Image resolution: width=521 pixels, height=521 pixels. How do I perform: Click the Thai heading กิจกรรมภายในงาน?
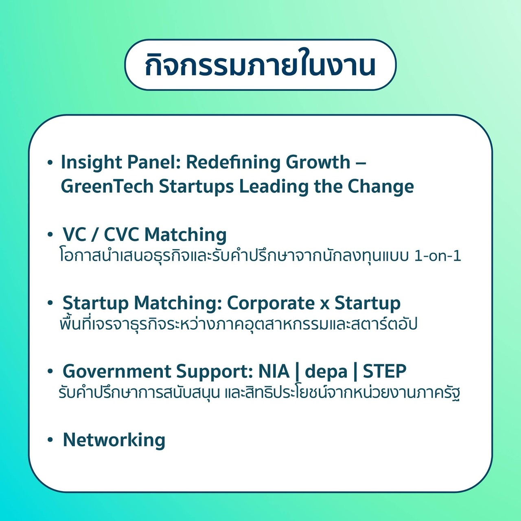click(x=260, y=65)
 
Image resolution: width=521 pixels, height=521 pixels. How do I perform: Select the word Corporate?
click(x=271, y=304)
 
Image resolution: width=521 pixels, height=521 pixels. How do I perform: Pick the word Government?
click(x=117, y=371)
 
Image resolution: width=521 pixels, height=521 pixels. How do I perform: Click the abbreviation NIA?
click(x=274, y=371)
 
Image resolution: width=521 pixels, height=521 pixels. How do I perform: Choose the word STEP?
click(x=385, y=371)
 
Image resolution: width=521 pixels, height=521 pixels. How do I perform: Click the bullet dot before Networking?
click(x=50, y=440)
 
